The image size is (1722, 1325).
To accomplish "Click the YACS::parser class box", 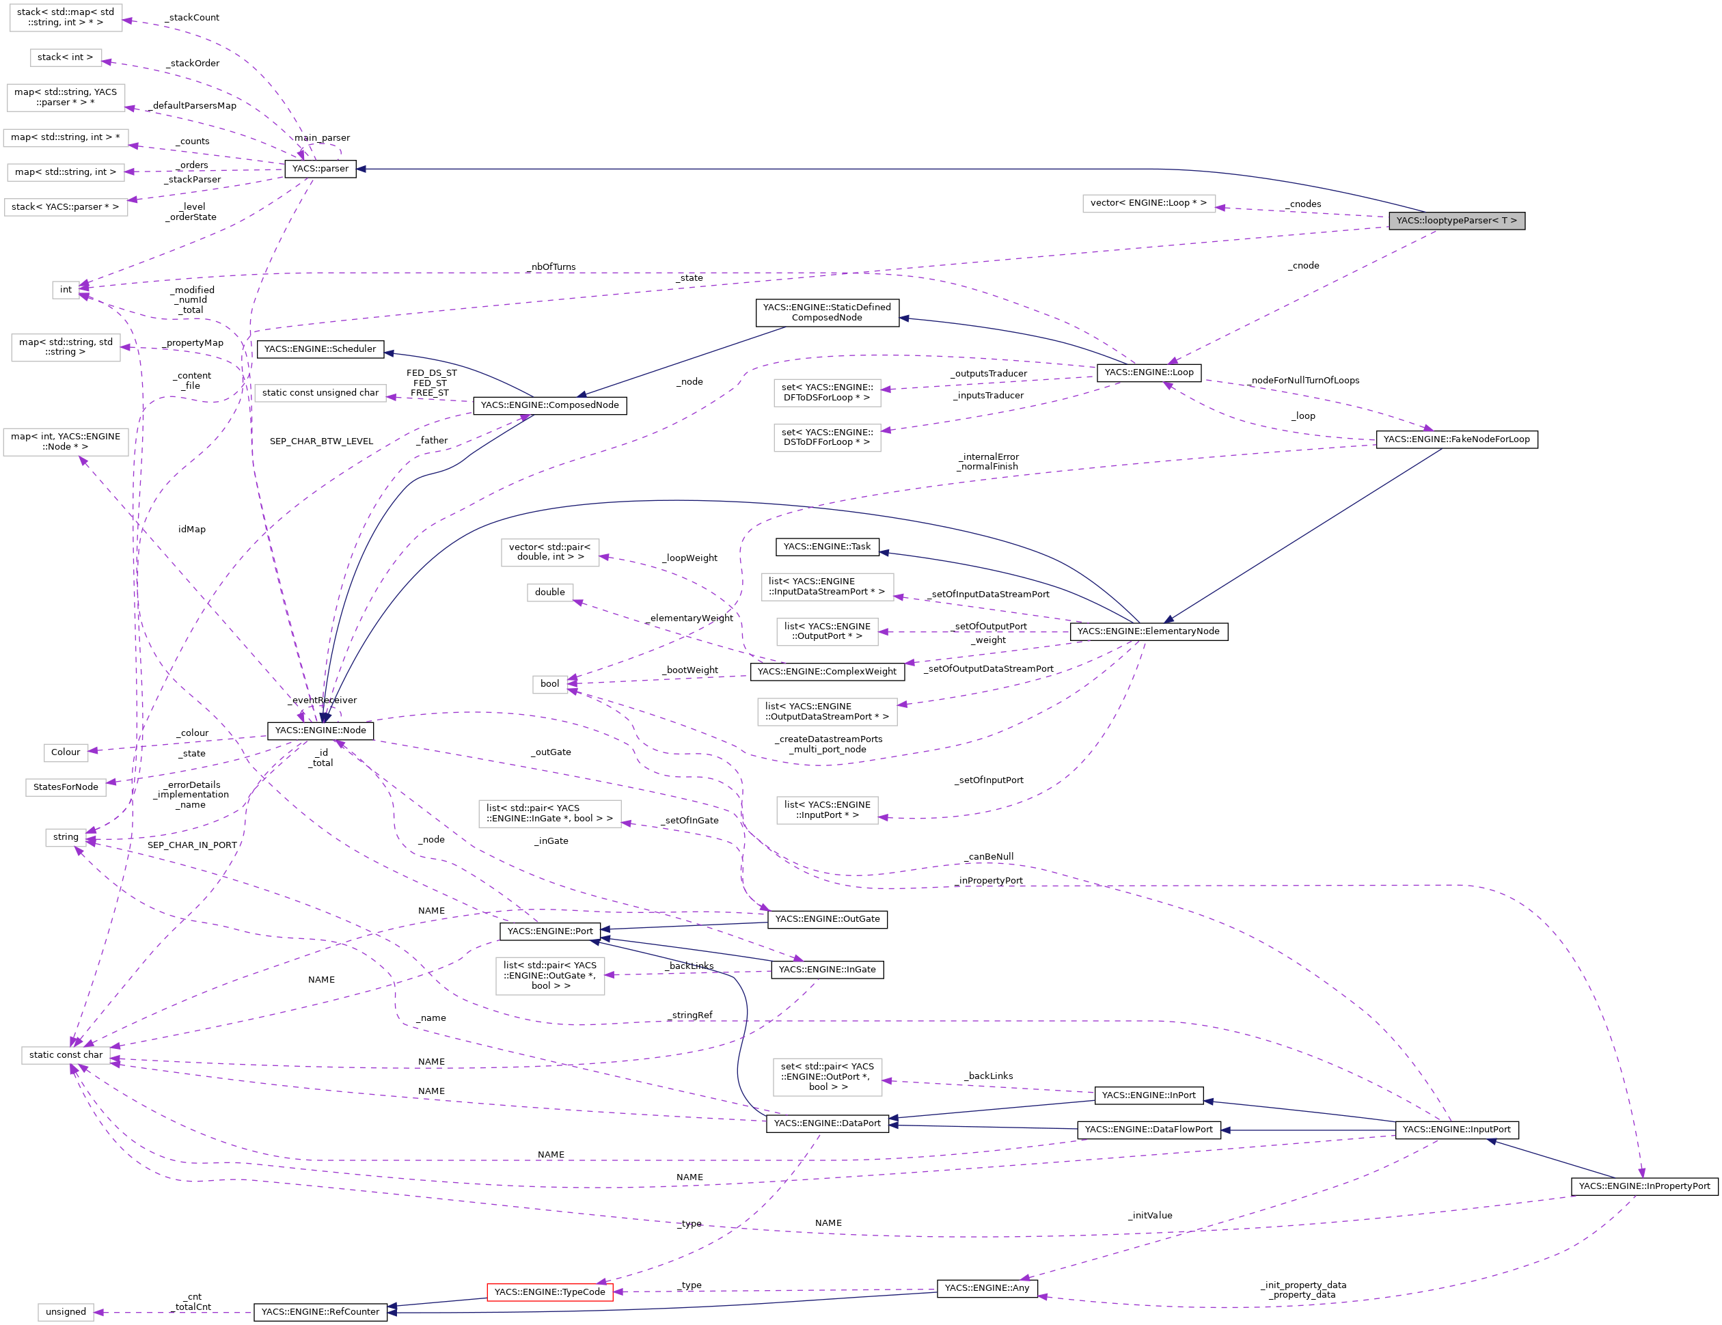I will [x=320, y=169].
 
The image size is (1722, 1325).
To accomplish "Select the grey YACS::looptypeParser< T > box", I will [x=1456, y=221].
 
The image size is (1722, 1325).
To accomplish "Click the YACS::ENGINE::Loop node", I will [x=1149, y=372].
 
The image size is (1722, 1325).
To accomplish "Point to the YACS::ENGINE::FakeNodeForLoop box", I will [x=1456, y=439].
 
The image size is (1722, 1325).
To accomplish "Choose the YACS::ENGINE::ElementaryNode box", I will [x=1148, y=631].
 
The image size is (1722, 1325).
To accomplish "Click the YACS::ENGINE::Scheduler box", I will [x=320, y=349].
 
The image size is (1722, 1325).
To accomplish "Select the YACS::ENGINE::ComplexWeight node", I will [x=827, y=671].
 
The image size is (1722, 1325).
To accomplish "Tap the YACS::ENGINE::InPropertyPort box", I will [x=1644, y=1186].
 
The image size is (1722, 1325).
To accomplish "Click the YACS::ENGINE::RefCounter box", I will [x=320, y=1311].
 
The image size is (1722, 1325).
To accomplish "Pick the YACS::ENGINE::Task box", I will [x=827, y=547].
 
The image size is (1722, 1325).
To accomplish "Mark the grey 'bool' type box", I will [x=549, y=684].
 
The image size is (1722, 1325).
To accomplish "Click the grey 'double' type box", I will [x=549, y=592].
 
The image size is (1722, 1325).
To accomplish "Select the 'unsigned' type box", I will [x=66, y=1311].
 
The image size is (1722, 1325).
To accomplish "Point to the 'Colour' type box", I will [x=66, y=752].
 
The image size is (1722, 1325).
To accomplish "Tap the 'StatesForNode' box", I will [x=66, y=787].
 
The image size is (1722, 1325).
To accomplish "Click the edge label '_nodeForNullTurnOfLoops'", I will [x=1305, y=380].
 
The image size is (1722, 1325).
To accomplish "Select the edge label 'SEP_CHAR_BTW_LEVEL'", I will [x=321, y=441].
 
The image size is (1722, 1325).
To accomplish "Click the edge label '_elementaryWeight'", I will [x=691, y=618].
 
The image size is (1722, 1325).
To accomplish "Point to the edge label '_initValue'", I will [x=1149, y=1216].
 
